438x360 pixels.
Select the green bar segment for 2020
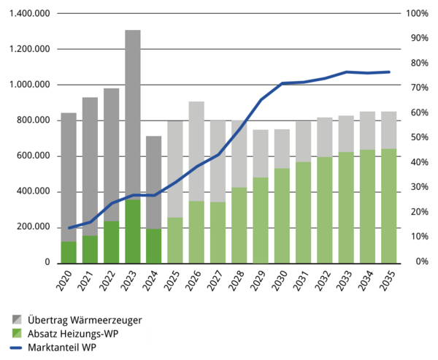pyautogui.click(x=69, y=252)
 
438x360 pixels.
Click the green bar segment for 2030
pyautogui.click(x=282, y=215)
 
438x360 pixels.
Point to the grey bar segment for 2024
pyautogui.click(x=154, y=183)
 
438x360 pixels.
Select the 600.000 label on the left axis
pyautogui.click(x=34, y=156)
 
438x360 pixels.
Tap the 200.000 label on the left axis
pyautogui.click(x=34, y=227)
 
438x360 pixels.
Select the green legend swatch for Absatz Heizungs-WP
pyautogui.click(x=17, y=333)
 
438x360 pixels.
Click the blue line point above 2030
pyautogui.click(x=282, y=83)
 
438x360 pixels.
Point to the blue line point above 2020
pyautogui.click(x=69, y=228)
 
